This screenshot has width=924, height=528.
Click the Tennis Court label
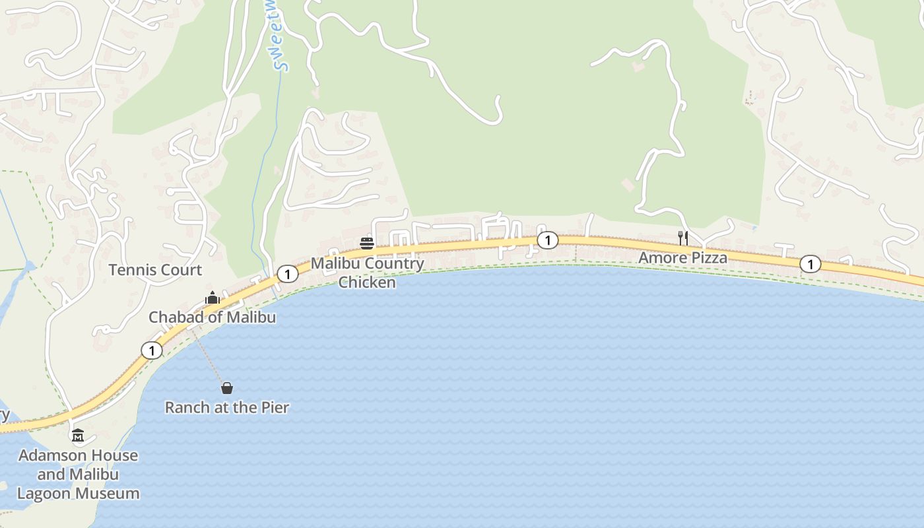click(x=155, y=270)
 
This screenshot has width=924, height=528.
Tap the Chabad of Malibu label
click(x=212, y=317)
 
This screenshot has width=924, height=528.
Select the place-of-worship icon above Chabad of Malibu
click(x=212, y=298)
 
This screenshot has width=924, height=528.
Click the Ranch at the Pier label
click(x=227, y=408)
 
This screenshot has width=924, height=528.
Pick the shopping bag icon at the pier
click(x=227, y=388)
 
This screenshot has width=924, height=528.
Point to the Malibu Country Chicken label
click(x=368, y=273)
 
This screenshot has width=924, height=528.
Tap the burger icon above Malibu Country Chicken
click(x=367, y=244)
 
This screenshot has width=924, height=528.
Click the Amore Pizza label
click(x=682, y=258)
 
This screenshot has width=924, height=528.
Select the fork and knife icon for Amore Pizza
click(x=683, y=238)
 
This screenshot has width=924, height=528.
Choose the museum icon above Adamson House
click(x=78, y=436)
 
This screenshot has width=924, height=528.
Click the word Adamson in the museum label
click(x=52, y=455)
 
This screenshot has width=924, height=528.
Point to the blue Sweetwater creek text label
click(x=281, y=40)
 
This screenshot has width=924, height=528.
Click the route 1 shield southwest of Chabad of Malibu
click(x=152, y=350)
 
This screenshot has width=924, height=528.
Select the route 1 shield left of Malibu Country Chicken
click(x=287, y=274)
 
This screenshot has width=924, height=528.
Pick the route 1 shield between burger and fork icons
click(x=547, y=241)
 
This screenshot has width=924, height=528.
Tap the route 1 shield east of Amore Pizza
click(x=810, y=265)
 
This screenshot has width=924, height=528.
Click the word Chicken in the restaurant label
click(x=368, y=282)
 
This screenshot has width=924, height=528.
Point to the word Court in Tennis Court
click(x=183, y=270)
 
